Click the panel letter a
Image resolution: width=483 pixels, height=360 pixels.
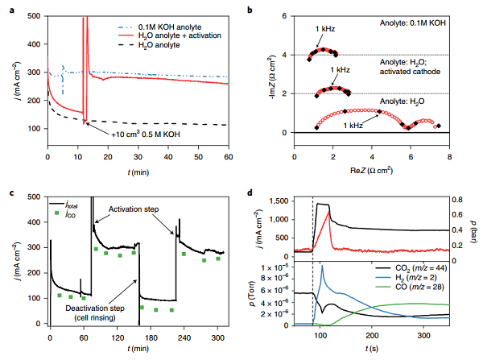(7, 6)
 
